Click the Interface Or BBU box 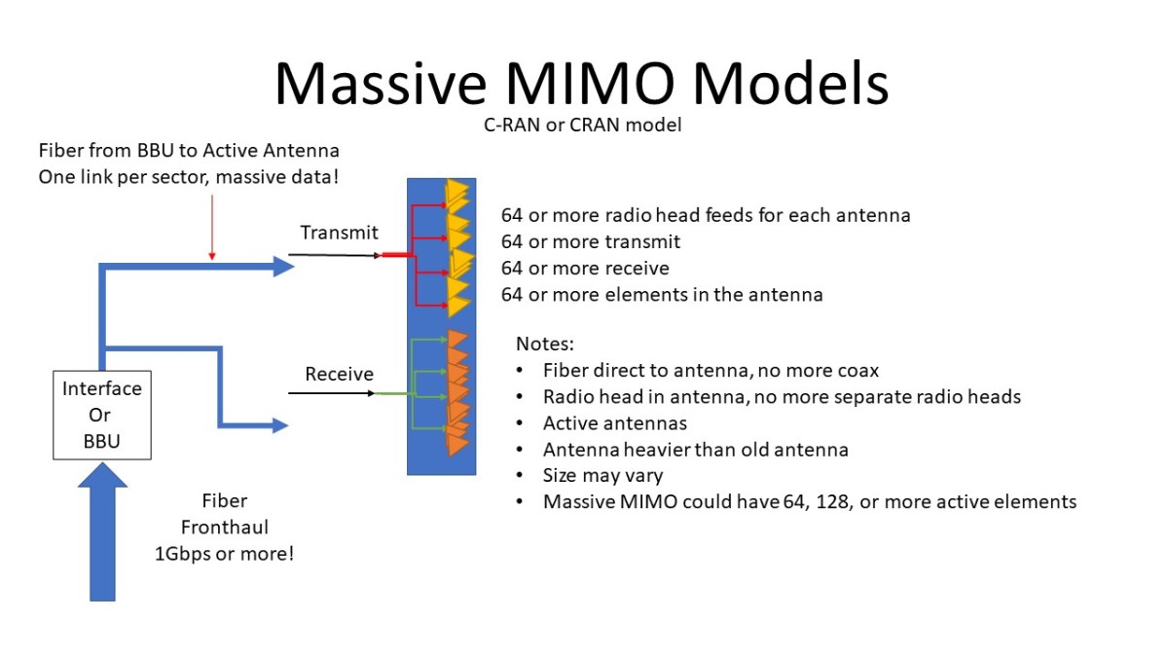coord(101,415)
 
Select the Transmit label coord(339,233)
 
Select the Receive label coord(339,374)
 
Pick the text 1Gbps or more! coord(225,554)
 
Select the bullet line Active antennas coord(615,423)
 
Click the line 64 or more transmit coord(591,241)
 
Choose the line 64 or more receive coord(585,268)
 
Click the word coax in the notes coord(858,370)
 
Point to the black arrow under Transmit coord(331,255)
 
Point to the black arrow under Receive coord(331,394)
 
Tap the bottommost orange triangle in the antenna coord(456,446)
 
